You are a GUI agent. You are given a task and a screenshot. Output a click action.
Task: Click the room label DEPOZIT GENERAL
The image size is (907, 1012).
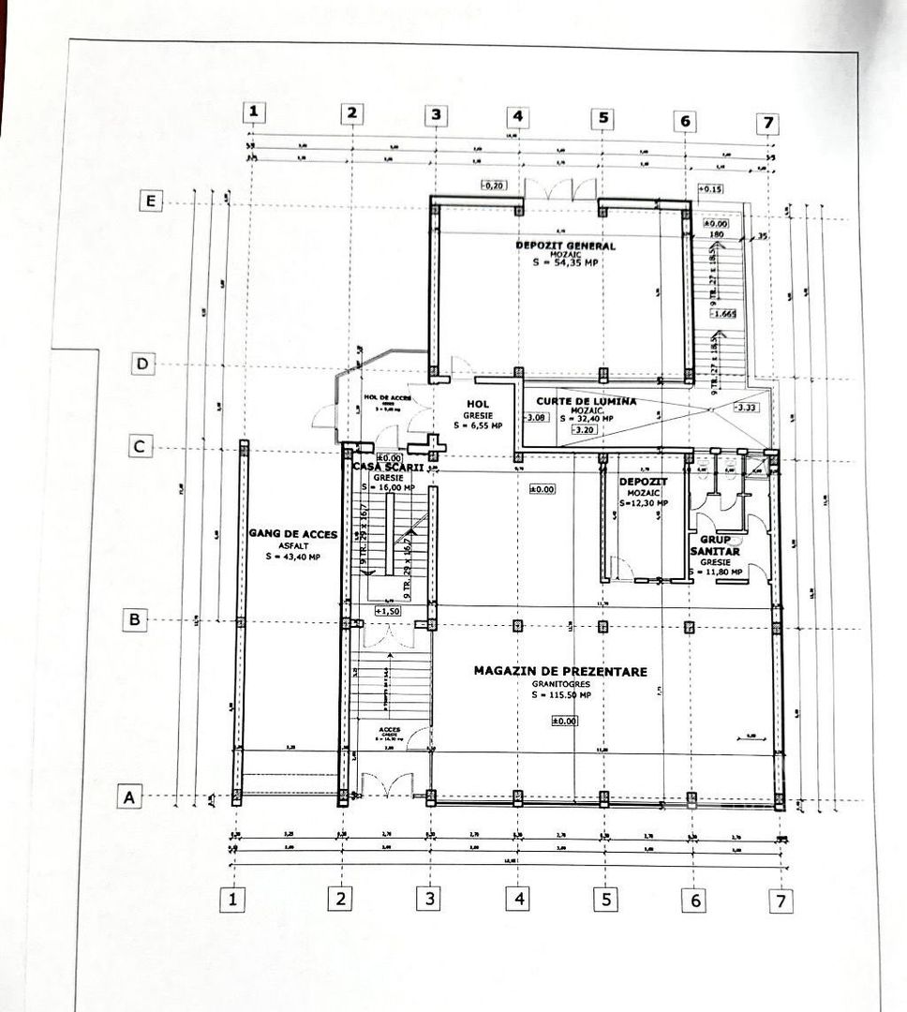[x=565, y=246]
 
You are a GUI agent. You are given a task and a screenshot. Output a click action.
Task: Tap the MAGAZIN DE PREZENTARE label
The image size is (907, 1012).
[x=560, y=671]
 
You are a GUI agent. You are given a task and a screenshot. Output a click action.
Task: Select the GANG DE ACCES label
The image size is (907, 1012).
[x=292, y=535]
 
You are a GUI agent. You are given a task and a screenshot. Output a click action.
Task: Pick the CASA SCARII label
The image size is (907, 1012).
[x=388, y=467]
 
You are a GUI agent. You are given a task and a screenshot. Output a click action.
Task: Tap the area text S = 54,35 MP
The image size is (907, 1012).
[x=565, y=263]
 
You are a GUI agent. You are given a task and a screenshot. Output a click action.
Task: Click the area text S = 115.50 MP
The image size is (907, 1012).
[x=561, y=695]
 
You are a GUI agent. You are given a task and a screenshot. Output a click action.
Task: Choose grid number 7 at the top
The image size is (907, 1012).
[x=767, y=123]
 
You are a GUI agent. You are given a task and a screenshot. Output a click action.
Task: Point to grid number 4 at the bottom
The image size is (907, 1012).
[x=518, y=900]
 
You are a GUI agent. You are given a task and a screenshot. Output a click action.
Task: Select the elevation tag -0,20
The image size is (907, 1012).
[x=493, y=186]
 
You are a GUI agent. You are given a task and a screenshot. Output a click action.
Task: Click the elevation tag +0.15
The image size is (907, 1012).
[x=711, y=189]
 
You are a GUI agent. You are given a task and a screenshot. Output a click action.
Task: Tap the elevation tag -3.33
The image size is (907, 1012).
[x=747, y=409]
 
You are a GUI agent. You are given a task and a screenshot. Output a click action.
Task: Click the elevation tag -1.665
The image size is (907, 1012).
[x=722, y=314]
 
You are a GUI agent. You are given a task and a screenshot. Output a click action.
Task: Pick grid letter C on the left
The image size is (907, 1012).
[x=140, y=447]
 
